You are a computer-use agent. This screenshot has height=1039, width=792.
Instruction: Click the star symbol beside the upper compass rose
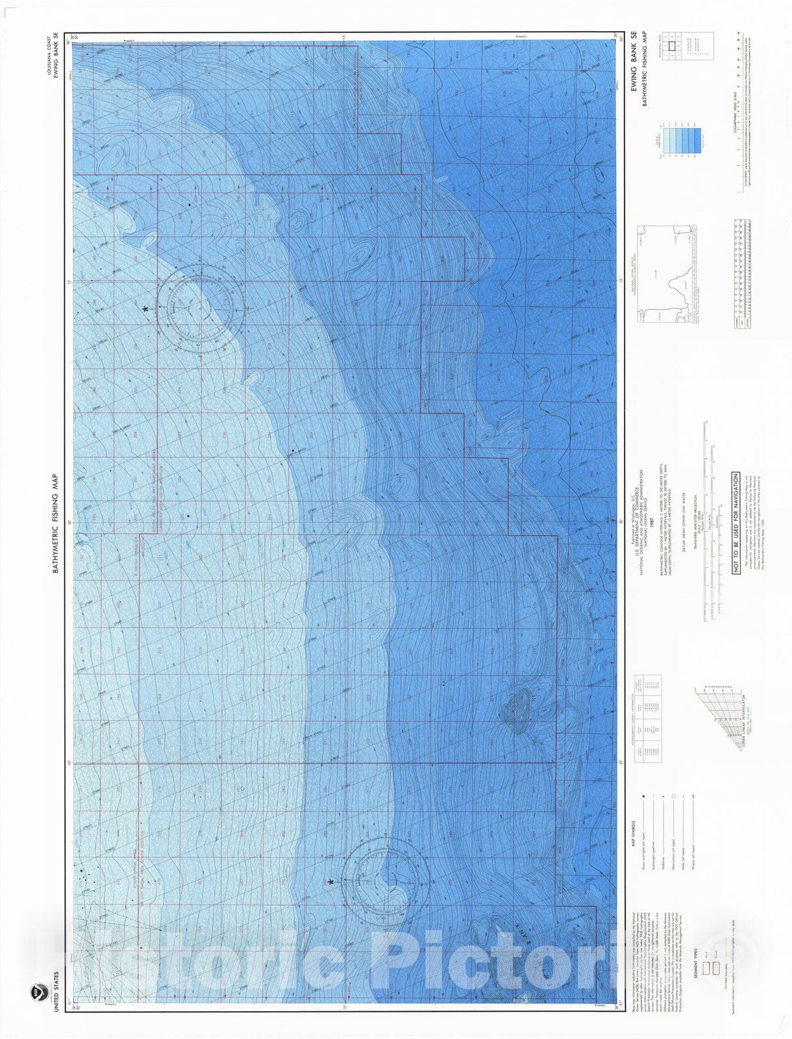[145, 309]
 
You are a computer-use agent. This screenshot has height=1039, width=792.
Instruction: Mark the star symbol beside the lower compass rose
[330, 881]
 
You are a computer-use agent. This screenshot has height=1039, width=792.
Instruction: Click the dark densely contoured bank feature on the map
[519, 708]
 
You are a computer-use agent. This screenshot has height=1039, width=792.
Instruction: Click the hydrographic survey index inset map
[669, 273]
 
